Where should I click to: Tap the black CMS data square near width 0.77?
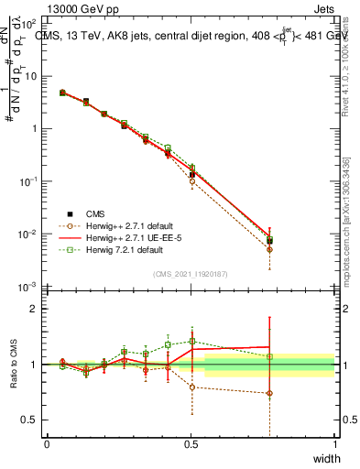[269, 241]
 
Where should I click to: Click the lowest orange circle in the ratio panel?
[269, 393]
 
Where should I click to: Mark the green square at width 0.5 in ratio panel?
[191, 342]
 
